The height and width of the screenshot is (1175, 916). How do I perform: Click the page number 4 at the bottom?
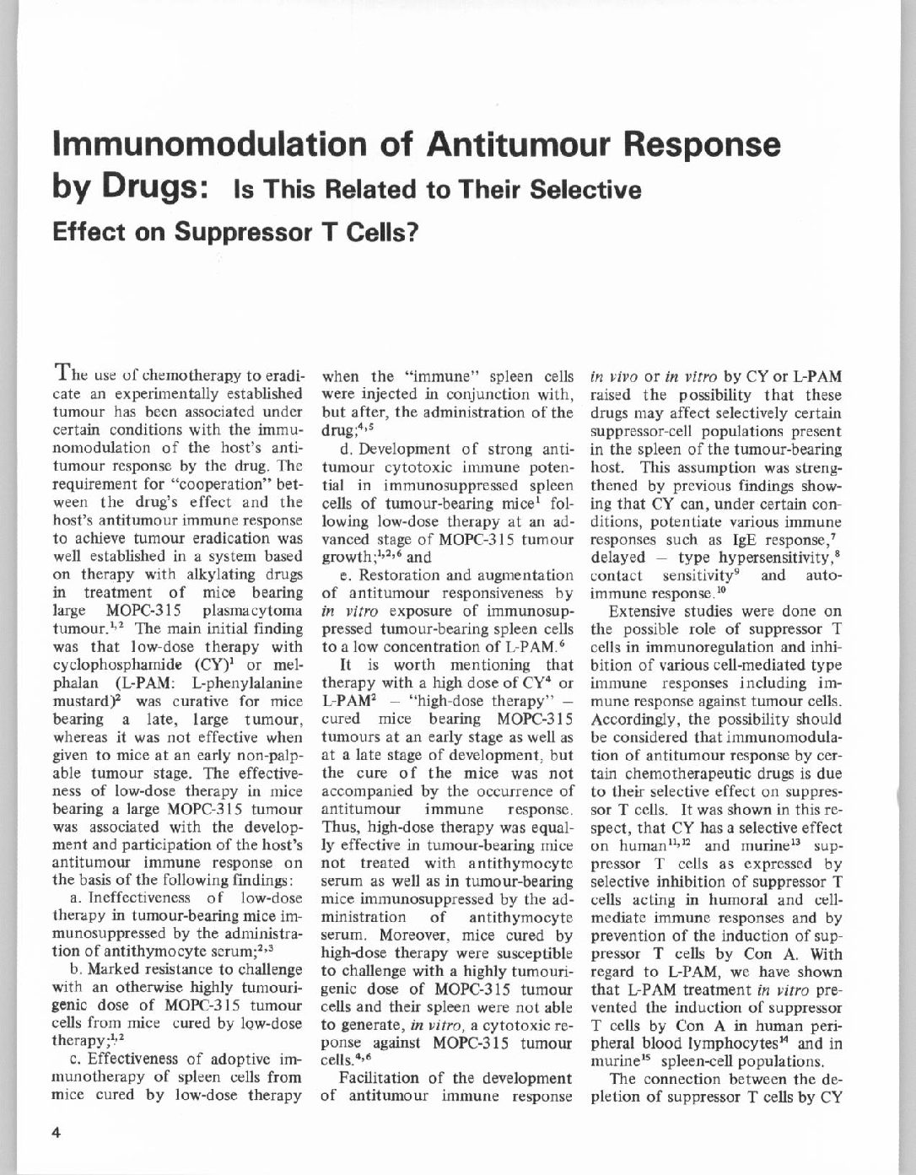(57, 1134)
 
